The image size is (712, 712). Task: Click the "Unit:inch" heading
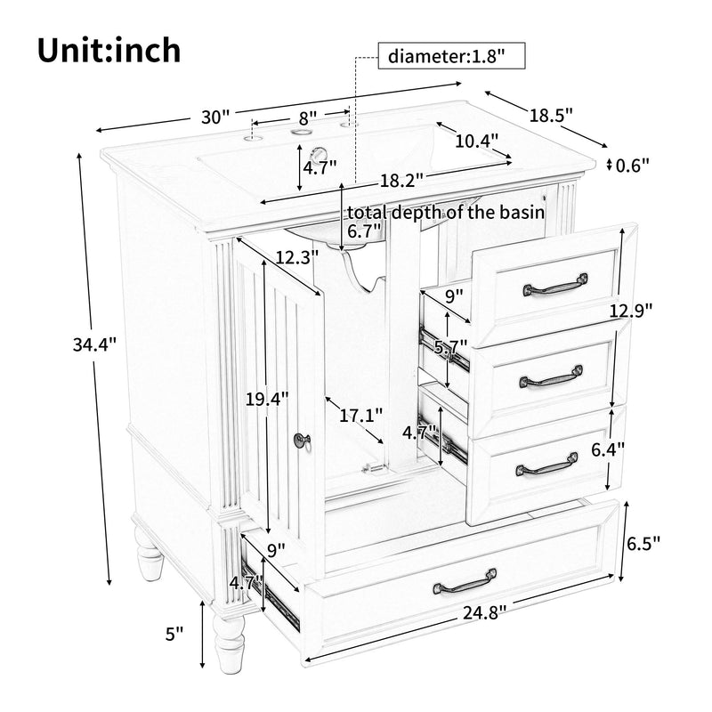click(109, 50)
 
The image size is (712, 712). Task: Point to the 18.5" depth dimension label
click(551, 115)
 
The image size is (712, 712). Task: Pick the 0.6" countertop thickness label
click(634, 165)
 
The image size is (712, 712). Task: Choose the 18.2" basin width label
click(400, 180)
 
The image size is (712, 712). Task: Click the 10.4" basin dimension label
click(477, 141)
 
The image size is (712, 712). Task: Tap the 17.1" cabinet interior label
click(361, 415)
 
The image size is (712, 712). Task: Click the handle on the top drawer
click(555, 284)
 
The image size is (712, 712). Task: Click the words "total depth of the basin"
click(446, 213)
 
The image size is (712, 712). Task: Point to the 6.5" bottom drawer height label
click(643, 543)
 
